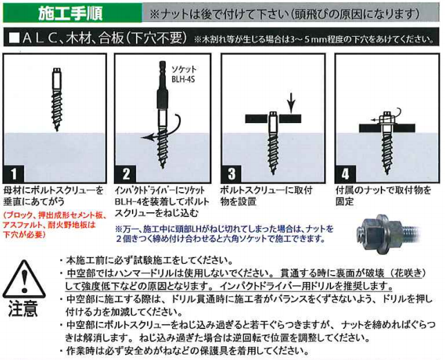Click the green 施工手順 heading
pyautogui.click(x=70, y=13)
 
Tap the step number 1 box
pyautogui.click(x=14, y=173)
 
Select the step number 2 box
pyautogui.click(x=126, y=173)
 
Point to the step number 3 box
pyautogui.click(x=231, y=173)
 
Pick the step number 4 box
pyautogui.click(x=345, y=173)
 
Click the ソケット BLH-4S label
pyautogui.click(x=184, y=74)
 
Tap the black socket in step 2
pyautogui.click(x=162, y=100)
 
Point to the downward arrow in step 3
pyautogui.click(x=292, y=103)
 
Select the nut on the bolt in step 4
pyautogui.click(x=386, y=119)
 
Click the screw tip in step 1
pyautogui.click(x=57, y=129)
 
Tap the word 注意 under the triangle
pyautogui.click(x=23, y=308)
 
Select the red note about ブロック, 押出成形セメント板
pyautogui.click(x=54, y=225)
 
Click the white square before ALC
pyautogui.click(x=15, y=38)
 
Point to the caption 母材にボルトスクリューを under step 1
pyautogui.click(x=53, y=190)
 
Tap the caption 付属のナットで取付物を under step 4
pyautogui.click(x=384, y=190)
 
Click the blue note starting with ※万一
pyautogui.click(x=225, y=234)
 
